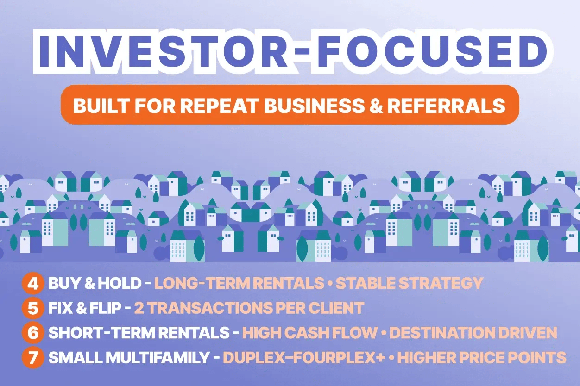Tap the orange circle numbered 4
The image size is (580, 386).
[x=32, y=283]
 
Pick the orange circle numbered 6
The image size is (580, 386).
[x=32, y=333]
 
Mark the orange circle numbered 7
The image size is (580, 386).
[x=32, y=358]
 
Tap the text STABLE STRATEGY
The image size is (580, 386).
[x=409, y=283]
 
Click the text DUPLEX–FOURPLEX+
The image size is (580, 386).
[x=296, y=358]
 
